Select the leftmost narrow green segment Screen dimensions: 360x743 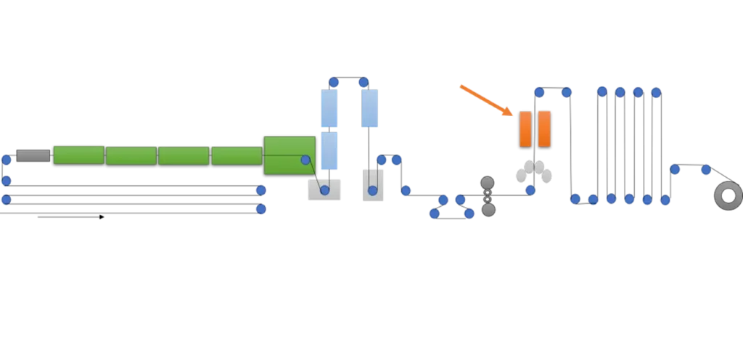point(78,155)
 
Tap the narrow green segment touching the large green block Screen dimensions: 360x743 point(237,155)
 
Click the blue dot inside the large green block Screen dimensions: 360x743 point(305,160)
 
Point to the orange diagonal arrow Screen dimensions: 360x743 point(486,99)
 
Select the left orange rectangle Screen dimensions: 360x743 point(526,128)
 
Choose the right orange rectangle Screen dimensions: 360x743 point(544,128)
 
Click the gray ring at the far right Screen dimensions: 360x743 point(728,196)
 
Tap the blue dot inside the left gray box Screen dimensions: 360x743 point(324,190)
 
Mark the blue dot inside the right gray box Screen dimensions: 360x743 point(372,190)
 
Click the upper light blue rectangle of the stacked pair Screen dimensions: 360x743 point(329,109)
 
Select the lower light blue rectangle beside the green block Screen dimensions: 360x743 point(329,151)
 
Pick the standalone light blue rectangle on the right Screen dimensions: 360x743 point(369,108)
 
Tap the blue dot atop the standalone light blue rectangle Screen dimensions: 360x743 point(364,82)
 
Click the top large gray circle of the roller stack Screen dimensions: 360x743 point(488,183)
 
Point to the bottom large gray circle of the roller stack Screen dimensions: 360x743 point(488,210)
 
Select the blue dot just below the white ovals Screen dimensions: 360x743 point(530,190)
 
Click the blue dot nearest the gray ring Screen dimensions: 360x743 point(706,170)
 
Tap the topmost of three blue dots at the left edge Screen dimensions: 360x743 point(7,160)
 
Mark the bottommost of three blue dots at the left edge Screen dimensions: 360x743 point(7,198)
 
